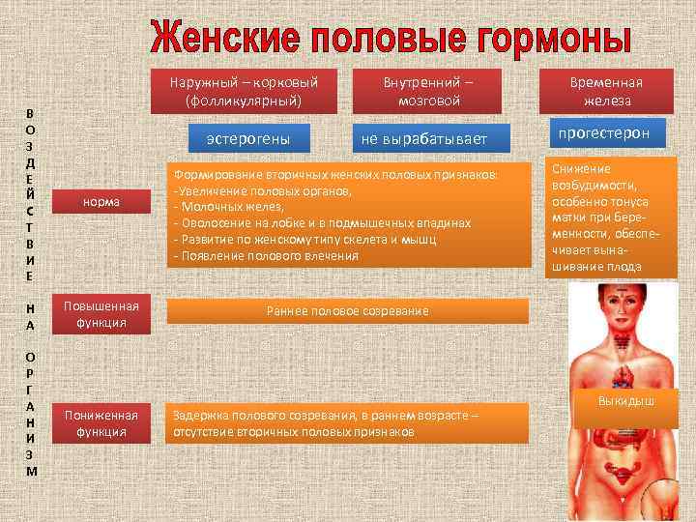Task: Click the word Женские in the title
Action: coord(224,38)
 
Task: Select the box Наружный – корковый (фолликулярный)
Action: coord(244,91)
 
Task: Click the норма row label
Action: coord(101,201)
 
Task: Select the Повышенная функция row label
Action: coord(101,314)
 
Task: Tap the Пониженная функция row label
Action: coord(101,423)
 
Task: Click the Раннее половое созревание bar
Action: coord(348,310)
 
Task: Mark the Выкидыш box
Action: coord(625,398)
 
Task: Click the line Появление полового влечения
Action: coord(265,255)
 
